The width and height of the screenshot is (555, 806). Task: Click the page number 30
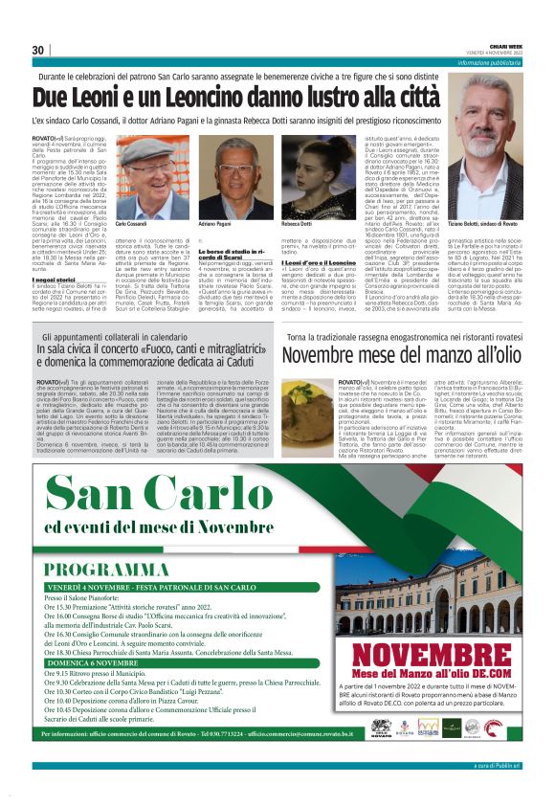[38, 50]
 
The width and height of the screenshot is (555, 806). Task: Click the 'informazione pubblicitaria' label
[497, 62]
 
